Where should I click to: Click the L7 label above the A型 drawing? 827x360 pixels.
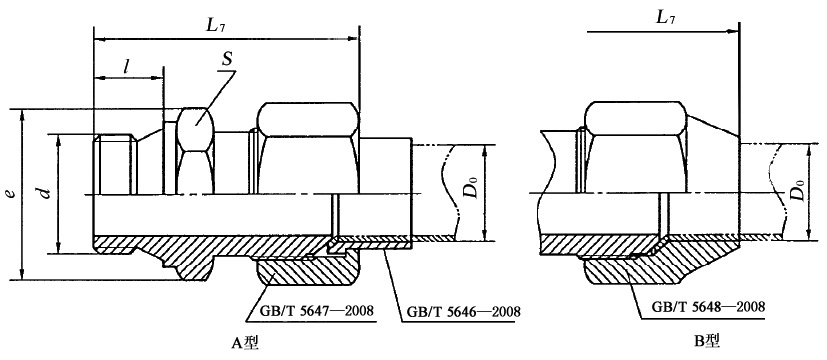click(218, 25)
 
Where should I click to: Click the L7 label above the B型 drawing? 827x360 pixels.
click(666, 18)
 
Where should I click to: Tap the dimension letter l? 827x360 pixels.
click(127, 66)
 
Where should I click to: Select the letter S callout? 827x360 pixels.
click(227, 59)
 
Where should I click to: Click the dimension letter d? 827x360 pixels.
click(46, 192)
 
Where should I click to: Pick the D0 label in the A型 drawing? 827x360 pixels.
click(474, 188)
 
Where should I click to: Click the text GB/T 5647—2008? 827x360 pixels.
click(317, 310)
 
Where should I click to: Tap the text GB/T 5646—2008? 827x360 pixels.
click(464, 312)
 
